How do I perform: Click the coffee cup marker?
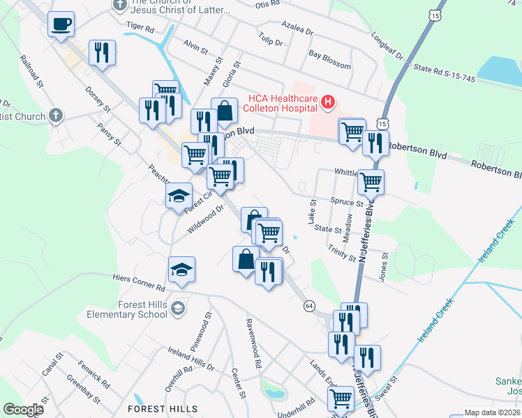pos(61,25)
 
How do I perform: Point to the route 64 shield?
pos(310,306)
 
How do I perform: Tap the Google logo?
pos(23,410)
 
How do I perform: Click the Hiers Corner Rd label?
pos(139,282)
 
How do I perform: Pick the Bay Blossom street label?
pos(329,59)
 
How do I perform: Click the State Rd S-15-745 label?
pos(444,73)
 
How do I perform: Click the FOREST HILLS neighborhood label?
pos(163,409)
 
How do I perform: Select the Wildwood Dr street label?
pos(204,218)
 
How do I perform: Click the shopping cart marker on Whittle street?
pos(371,183)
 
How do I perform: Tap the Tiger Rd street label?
pos(140,28)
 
